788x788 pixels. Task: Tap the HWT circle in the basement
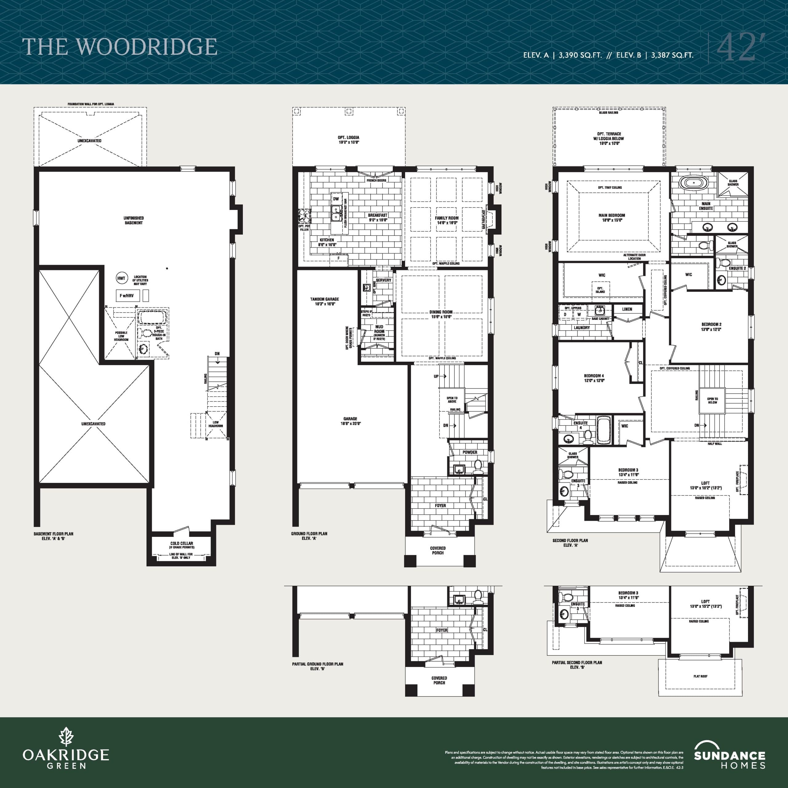[121, 278]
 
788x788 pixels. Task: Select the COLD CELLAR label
[182, 543]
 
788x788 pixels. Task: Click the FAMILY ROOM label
[446, 218]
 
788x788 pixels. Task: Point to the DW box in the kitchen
[336, 199]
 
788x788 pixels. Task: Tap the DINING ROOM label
[440, 312]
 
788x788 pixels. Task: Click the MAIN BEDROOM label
[611, 215]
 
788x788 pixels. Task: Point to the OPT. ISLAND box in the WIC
[600, 290]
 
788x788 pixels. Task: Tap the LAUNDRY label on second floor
[582, 328]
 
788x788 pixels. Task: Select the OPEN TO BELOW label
[713, 400]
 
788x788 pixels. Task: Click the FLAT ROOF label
[700, 676]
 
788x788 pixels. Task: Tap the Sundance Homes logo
[729, 755]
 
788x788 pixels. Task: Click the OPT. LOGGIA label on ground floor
[348, 138]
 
